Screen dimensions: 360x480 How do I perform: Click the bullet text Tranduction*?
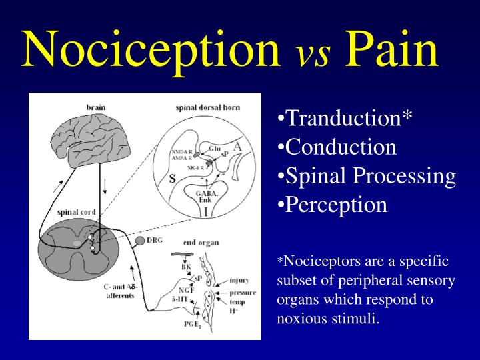(x=345, y=118)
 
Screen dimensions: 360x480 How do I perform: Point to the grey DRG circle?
(x=141, y=240)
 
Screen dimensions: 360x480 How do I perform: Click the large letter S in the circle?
(x=172, y=178)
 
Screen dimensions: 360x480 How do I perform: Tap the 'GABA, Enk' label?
(x=204, y=195)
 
